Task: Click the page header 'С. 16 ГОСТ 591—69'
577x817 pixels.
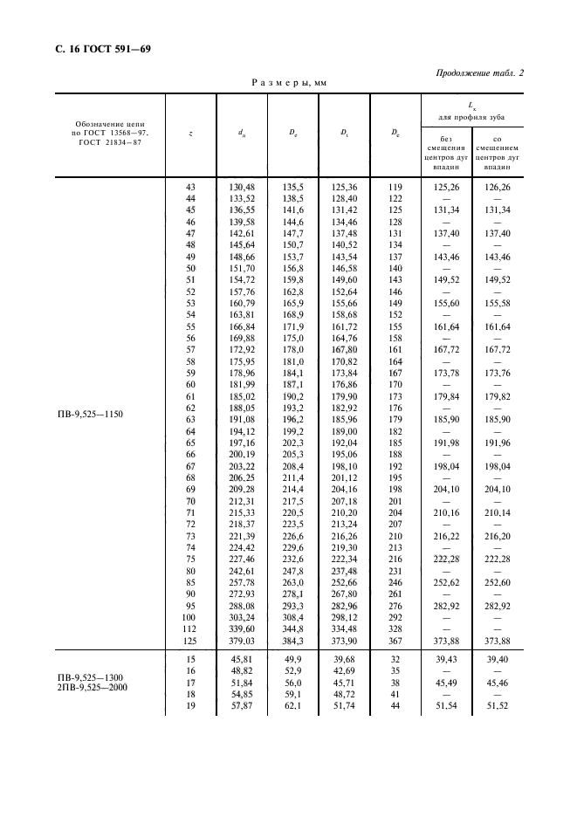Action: [x=97, y=49]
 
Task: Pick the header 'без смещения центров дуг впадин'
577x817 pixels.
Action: [x=445, y=151]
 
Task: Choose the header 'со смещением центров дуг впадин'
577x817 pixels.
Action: [x=498, y=151]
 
